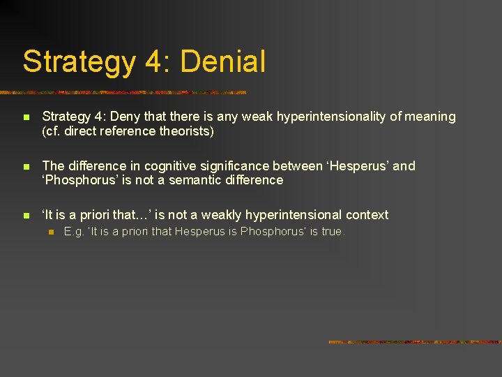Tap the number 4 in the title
153,61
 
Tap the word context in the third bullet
367,215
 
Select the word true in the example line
332,232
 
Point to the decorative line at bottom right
414,342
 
